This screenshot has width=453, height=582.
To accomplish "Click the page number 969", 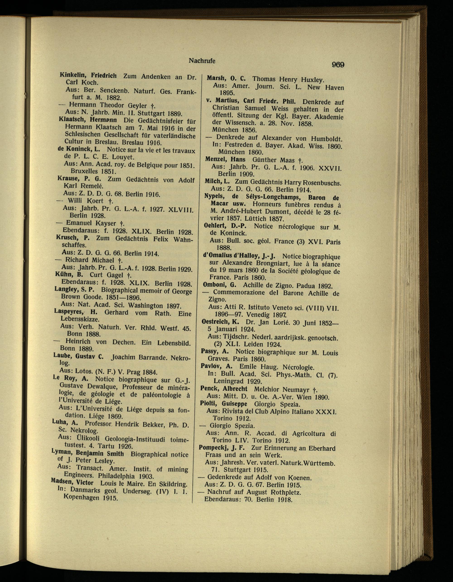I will (338, 65).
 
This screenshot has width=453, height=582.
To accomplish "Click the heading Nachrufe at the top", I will (202, 61).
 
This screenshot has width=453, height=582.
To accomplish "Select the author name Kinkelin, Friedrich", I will (88, 75).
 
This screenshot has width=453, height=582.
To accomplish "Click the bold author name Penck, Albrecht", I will (224, 389).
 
